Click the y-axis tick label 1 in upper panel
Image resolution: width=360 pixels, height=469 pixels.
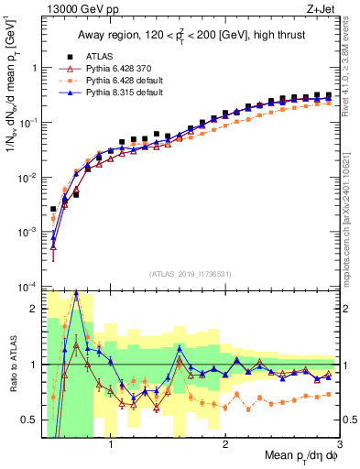tap(34, 68)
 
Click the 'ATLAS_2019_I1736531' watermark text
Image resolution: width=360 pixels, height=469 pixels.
tap(189, 273)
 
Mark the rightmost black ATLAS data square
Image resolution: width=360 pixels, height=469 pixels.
tap(328, 94)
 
